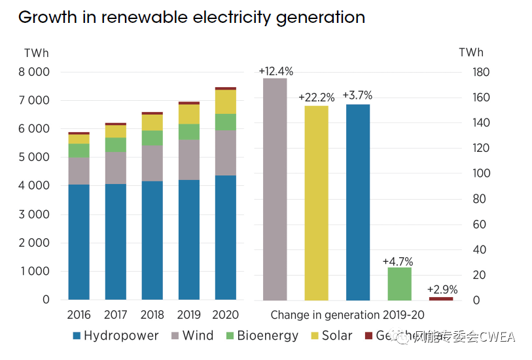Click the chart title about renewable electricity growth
[x=191, y=17]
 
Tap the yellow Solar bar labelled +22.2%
[x=316, y=202]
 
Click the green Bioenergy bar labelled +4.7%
[x=399, y=283]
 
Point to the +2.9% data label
[x=442, y=289]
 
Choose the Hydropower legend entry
[x=115, y=336]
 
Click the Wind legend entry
[x=191, y=336]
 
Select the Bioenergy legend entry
[x=260, y=336]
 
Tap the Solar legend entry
[x=330, y=336]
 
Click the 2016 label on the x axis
[x=79, y=315]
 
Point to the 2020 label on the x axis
[x=226, y=315]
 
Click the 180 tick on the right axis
[x=481, y=72]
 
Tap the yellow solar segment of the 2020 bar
[x=226, y=101]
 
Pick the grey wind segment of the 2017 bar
[x=116, y=168]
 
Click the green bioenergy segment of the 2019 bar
[x=189, y=132]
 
